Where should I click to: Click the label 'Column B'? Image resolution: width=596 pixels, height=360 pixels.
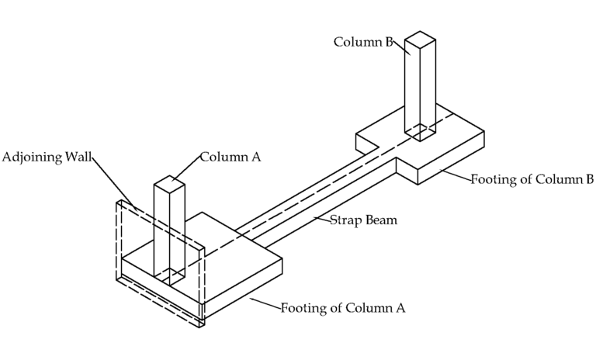[x=362, y=41]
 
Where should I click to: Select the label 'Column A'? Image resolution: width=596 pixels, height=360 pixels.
[x=230, y=157]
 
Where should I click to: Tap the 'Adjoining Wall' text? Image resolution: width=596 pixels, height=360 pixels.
[x=47, y=157]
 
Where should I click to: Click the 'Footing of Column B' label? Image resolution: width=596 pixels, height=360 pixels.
[x=532, y=179]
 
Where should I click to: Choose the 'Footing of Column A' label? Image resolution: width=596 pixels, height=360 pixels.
[x=343, y=307]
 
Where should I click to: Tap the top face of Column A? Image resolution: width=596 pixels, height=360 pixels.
[x=169, y=184]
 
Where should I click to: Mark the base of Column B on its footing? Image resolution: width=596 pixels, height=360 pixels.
[x=421, y=133]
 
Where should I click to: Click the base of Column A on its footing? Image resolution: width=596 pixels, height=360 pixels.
[x=169, y=276]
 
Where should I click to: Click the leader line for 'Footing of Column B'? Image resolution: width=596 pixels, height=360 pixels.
[x=455, y=175]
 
